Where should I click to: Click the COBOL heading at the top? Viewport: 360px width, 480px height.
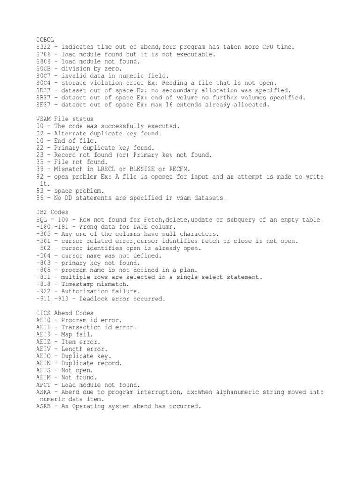tap(45, 41)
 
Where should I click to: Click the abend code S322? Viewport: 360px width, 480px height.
tap(43, 47)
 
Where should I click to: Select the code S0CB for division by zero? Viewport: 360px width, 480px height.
tap(43, 68)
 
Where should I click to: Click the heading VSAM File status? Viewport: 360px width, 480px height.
tap(65, 119)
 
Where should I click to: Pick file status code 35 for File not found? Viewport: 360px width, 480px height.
tap(39, 162)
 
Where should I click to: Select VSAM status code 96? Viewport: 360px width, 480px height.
tap(39, 198)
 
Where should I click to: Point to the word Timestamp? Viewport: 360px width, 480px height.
tap(79, 284)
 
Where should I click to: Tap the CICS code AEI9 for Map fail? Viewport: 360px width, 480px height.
tap(43, 335)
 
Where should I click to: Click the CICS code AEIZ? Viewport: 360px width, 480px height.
tap(43, 342)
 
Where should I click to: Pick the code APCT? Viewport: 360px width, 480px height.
tap(43, 385)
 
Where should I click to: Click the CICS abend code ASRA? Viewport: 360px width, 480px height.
tap(43, 392)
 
